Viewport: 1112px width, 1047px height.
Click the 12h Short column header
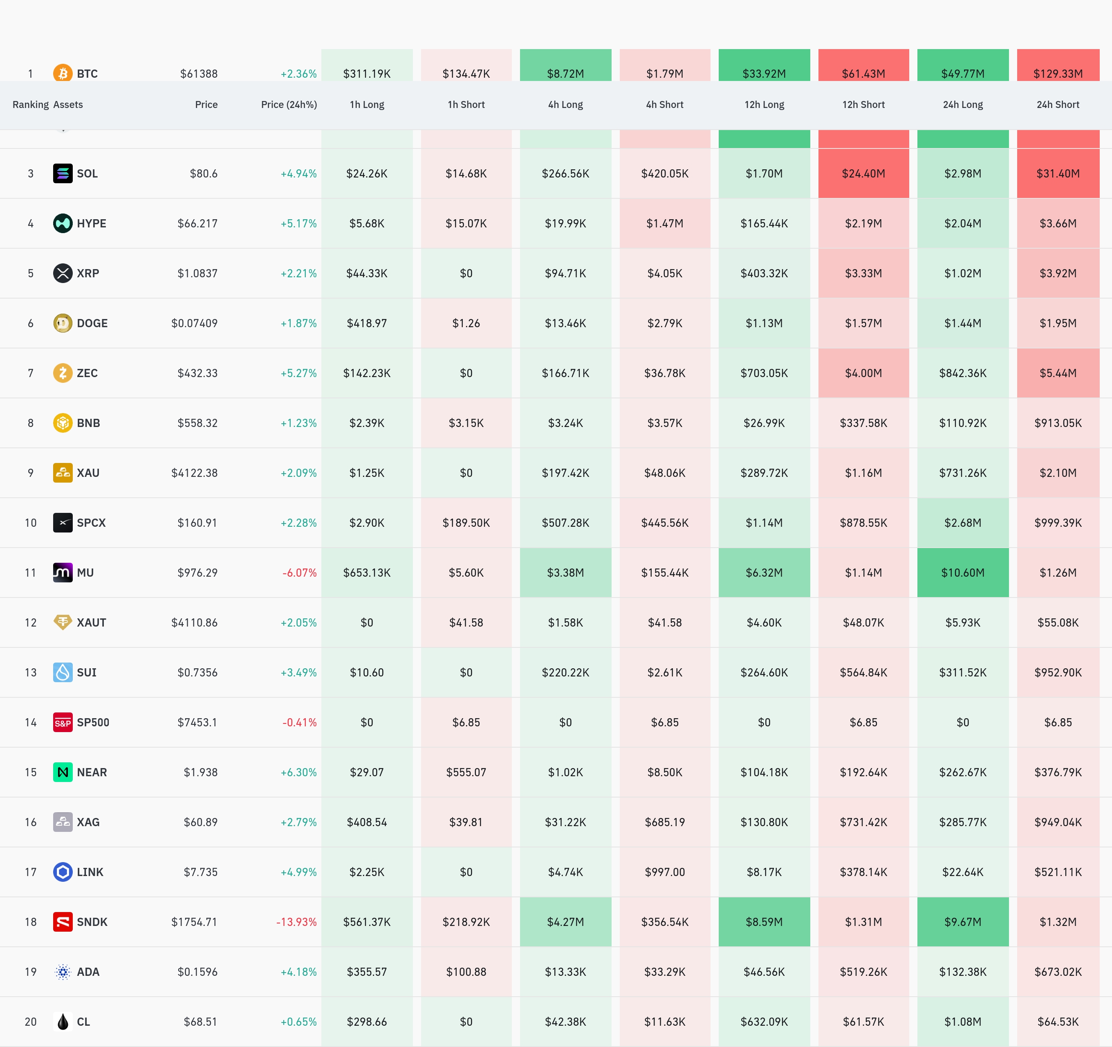[863, 105]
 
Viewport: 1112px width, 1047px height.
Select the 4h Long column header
[565, 105]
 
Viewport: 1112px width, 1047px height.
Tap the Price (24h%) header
[289, 105]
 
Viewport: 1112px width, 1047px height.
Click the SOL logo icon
[63, 173]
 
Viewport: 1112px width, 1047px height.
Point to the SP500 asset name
[93, 722]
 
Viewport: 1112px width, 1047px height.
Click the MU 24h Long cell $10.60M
[963, 573]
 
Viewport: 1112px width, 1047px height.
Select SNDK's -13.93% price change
[296, 922]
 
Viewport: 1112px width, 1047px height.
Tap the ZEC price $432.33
[197, 373]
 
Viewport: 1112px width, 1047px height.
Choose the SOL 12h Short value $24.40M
[863, 173]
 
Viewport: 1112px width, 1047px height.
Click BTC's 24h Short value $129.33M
[1058, 74]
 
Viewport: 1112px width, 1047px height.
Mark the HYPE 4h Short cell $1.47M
[664, 223]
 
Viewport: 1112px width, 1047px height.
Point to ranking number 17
[31, 872]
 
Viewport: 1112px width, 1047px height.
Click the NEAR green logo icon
[63, 772]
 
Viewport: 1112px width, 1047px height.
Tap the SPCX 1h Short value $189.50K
[466, 523]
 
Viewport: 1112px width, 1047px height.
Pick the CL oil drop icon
[63, 1022]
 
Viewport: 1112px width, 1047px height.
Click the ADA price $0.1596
[197, 972]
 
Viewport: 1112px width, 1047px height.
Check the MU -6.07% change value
[299, 573]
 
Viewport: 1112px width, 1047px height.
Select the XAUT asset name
[91, 623]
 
